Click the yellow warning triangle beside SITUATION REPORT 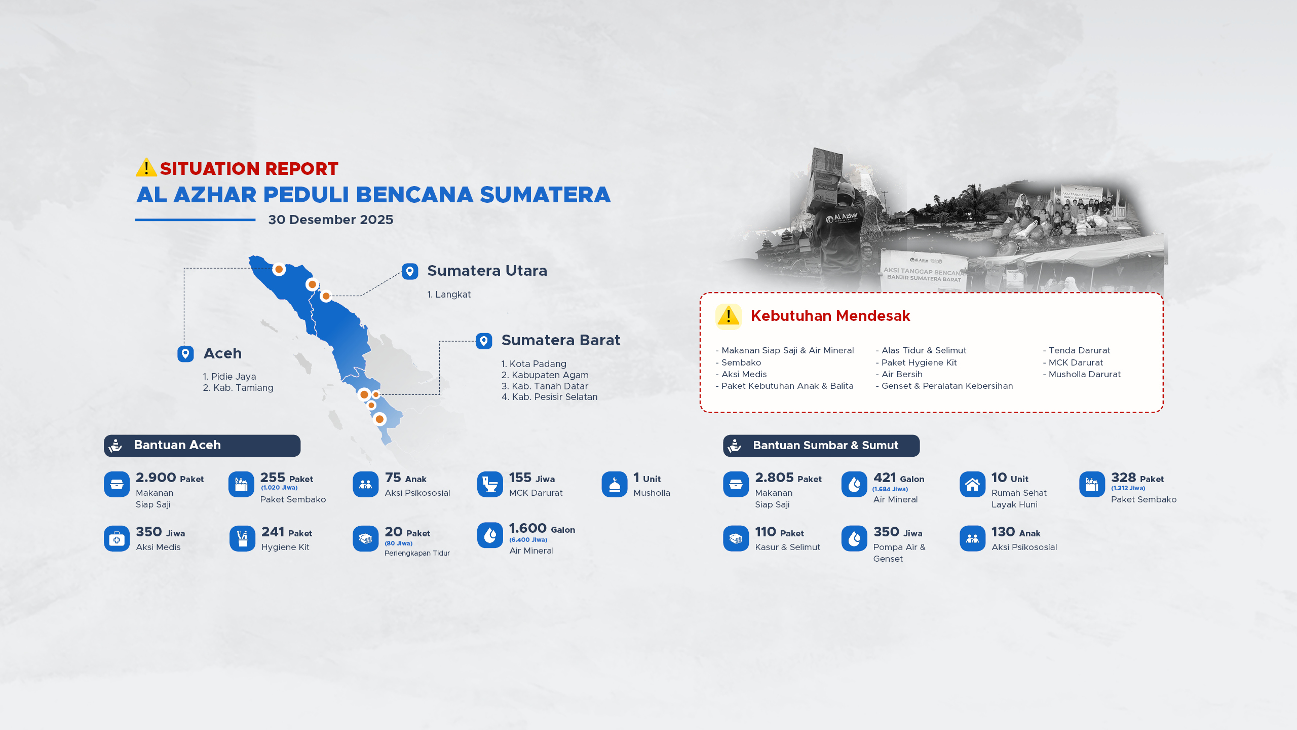[x=146, y=167]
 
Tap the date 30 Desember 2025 [x=331, y=220]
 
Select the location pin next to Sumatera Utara [x=410, y=271]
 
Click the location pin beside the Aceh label [x=185, y=353]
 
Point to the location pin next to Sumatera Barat [x=484, y=341]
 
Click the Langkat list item [x=449, y=295]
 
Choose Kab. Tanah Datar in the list [x=545, y=386]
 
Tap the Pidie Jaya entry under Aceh [x=230, y=377]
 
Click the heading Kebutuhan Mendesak [x=830, y=316]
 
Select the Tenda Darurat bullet [x=1077, y=350]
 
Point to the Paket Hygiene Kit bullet [x=917, y=362]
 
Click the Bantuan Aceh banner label [x=177, y=445]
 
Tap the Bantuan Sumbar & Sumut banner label [x=826, y=446]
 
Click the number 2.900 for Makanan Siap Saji [x=156, y=478]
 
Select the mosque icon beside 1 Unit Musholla [x=615, y=485]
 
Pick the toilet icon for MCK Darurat [x=490, y=485]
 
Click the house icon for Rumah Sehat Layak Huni [x=972, y=485]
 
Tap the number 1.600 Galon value [x=528, y=528]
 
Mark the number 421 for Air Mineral [x=885, y=478]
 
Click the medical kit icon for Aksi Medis [x=117, y=538]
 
